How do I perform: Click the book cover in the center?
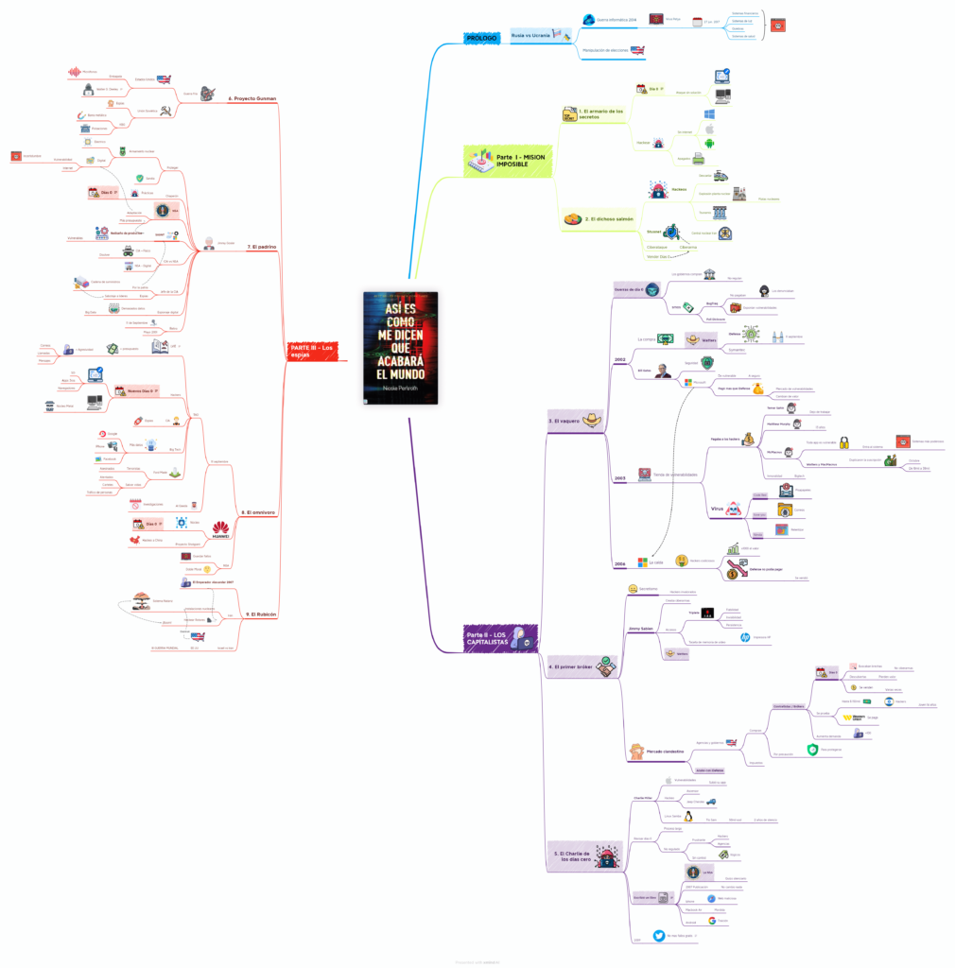click(x=401, y=348)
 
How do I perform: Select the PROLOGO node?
click(x=481, y=37)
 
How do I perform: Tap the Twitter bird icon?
click(x=658, y=934)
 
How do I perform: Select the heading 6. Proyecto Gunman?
click(x=252, y=98)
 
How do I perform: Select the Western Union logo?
click(x=853, y=717)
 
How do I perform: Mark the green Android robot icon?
click(x=709, y=144)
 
